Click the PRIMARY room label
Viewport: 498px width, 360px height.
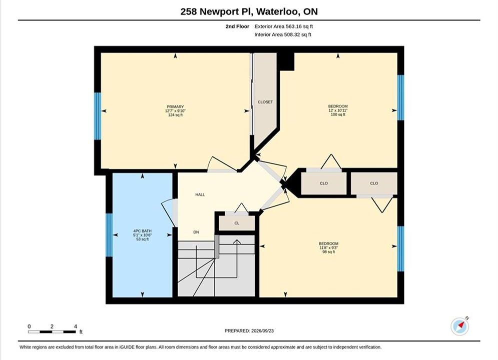[175, 107]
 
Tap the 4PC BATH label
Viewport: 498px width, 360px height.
[142, 231]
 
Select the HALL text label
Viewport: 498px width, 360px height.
[200, 194]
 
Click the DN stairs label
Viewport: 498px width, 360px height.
[196, 232]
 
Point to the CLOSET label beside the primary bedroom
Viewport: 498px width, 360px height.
[265, 102]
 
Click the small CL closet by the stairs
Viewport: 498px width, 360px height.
[237, 223]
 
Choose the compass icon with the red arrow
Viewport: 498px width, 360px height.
[460, 326]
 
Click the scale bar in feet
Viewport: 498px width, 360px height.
[52, 332]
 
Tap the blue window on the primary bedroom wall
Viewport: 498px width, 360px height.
[98, 116]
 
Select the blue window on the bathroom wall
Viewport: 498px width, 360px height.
[109, 235]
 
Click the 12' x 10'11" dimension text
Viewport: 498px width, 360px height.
[338, 110]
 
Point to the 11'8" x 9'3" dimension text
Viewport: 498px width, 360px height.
[329, 247]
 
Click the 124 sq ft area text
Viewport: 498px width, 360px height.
[175, 115]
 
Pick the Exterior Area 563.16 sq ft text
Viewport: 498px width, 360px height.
[284, 26]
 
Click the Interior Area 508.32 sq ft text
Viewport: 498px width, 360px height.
[283, 34]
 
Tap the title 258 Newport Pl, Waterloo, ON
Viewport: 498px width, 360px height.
[249, 11]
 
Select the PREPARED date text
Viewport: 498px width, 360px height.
[249, 331]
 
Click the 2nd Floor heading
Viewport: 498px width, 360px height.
[237, 26]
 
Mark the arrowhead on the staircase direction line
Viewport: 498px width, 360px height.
[237, 242]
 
